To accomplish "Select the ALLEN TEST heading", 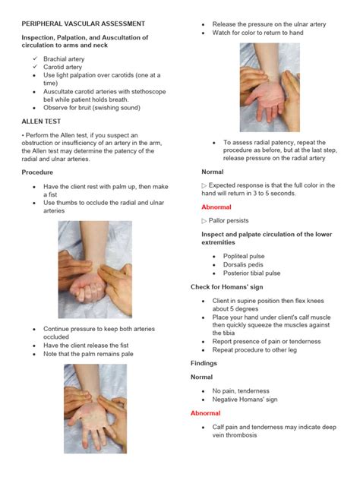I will [x=42, y=121].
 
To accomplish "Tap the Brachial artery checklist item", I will [x=64, y=58].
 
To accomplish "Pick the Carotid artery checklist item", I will [x=62, y=67].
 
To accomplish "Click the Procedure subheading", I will [x=37, y=172].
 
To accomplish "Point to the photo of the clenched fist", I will [x=95, y=269].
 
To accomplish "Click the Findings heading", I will [x=204, y=363].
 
